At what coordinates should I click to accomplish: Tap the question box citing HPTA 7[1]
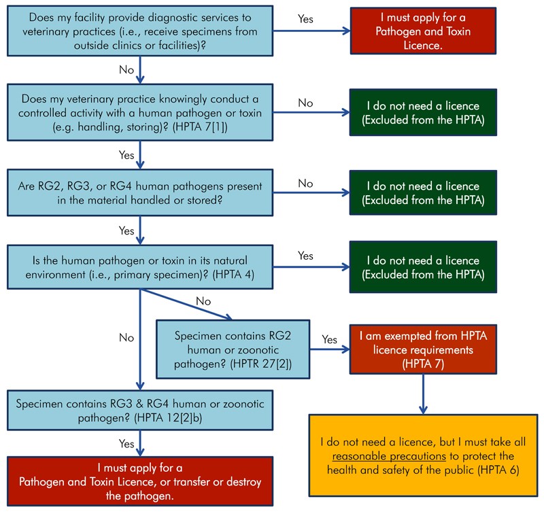[139, 111]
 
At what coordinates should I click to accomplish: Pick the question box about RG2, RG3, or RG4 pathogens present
[139, 192]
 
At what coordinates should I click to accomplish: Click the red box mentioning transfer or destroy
[139, 481]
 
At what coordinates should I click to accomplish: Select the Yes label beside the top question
[305, 18]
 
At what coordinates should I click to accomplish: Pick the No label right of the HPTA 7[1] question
[305, 103]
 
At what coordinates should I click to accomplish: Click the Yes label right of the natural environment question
[305, 256]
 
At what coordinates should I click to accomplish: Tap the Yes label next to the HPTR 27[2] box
[329, 339]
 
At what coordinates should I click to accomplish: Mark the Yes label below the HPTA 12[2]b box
[126, 443]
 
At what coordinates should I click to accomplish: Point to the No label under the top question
[126, 69]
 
